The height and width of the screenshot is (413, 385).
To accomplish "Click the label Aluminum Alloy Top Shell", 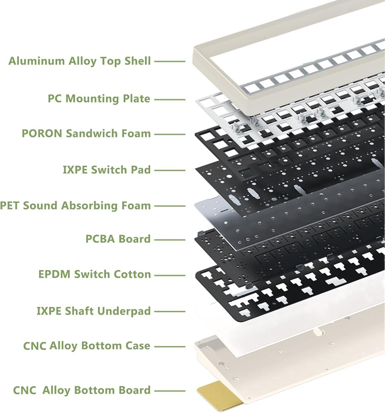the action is tap(80, 61).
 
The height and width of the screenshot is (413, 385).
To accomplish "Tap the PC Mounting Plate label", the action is tap(99, 99).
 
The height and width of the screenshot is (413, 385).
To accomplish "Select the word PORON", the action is tap(42, 133).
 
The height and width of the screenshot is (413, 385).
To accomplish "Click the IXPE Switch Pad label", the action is tap(107, 170).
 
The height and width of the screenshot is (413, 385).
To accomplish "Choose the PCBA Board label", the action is tap(118, 239).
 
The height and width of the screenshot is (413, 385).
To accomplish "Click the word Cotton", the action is tap(132, 274).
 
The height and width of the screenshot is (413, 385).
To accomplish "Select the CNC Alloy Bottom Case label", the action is tap(87, 346).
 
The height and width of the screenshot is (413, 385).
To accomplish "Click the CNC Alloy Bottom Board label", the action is tap(82, 390).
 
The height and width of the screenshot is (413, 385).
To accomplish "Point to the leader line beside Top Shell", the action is tap(170, 62).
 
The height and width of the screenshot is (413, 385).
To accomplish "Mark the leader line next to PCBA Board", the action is tap(170, 240).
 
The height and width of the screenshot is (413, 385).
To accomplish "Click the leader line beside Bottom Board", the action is tap(170, 391).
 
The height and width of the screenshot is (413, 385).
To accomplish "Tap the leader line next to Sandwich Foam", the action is tap(170, 134).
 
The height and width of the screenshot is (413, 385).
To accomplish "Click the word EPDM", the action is tap(55, 274).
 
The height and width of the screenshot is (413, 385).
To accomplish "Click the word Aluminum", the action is tap(37, 61).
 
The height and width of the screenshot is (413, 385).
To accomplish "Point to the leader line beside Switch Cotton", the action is tap(170, 275).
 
